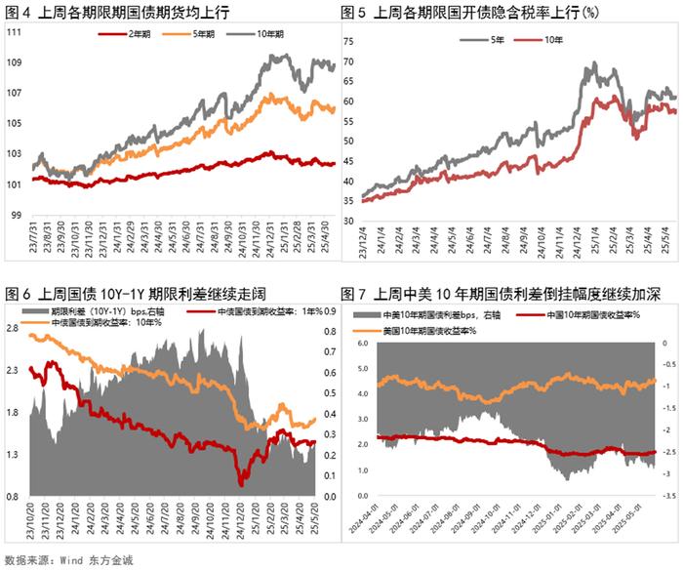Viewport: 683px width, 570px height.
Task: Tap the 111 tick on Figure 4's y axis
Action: click(x=15, y=32)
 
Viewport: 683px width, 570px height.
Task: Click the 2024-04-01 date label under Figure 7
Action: click(x=371, y=527)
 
